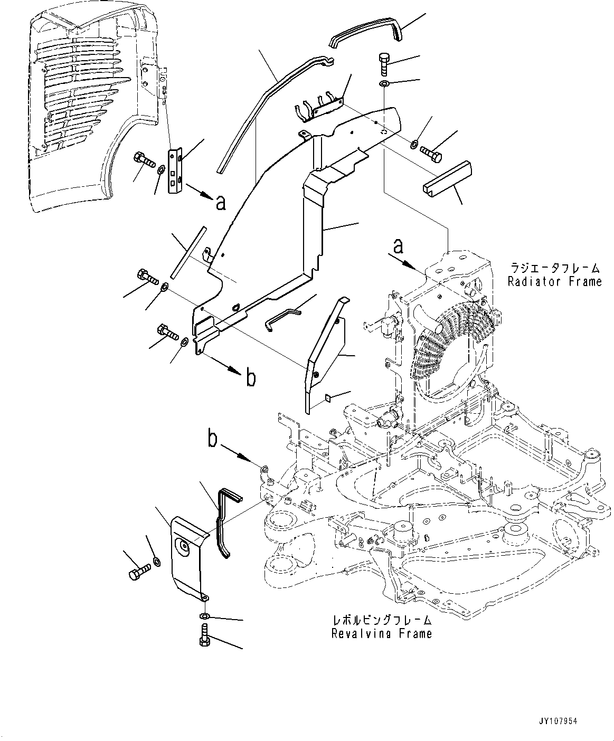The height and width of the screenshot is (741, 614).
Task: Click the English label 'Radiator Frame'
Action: pyautogui.click(x=554, y=281)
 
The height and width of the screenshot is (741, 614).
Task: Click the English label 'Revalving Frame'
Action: pyautogui.click(x=381, y=633)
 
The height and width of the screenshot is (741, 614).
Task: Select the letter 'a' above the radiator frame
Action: pyautogui.click(x=400, y=246)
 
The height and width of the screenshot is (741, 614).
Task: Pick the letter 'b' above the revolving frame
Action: pyautogui.click(x=213, y=439)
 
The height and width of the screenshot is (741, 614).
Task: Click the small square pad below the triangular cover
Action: pyautogui.click(x=327, y=398)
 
